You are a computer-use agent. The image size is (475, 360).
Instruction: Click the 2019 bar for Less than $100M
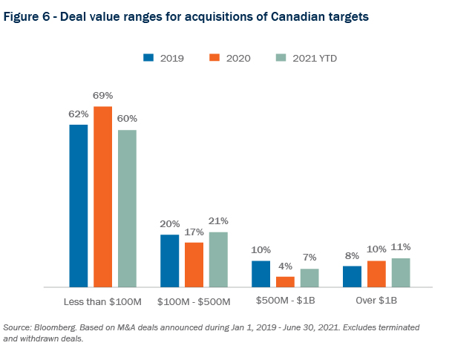tap(79, 206)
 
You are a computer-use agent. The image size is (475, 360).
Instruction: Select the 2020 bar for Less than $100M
tap(102, 197)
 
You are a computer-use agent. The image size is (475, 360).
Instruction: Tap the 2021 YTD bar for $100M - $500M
tap(218, 259)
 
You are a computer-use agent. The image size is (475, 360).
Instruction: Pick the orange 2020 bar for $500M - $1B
tap(285, 281)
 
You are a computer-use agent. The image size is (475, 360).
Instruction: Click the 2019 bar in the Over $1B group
tap(352, 276)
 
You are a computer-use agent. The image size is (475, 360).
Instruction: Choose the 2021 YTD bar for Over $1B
tap(401, 272)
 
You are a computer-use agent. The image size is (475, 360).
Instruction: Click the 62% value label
tap(79, 114)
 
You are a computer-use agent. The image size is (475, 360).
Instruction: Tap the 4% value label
tap(285, 266)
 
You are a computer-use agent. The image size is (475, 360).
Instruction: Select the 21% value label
tap(218, 221)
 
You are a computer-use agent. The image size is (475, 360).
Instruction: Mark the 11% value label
tap(401, 247)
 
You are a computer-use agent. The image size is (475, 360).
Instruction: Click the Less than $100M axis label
tap(102, 301)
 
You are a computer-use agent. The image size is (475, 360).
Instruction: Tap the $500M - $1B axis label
tap(285, 301)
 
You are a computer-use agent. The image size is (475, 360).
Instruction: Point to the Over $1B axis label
tap(376, 301)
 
